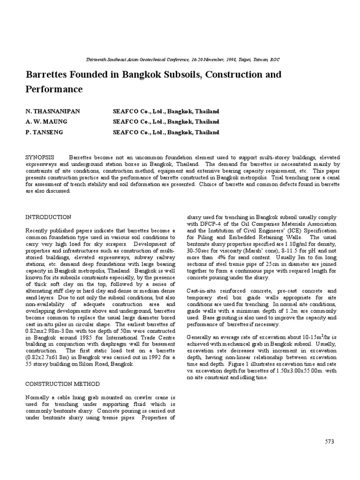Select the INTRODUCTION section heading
(x=48, y=217)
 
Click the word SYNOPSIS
(x=40, y=157)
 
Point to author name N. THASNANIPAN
(x=53, y=112)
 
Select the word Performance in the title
(x=54, y=89)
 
